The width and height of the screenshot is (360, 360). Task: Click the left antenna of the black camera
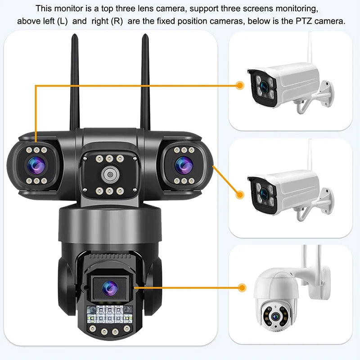pyautogui.click(x=75, y=81)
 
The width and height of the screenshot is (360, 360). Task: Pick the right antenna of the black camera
pyautogui.click(x=145, y=81)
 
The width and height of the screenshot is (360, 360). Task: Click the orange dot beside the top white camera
pyautogui.click(x=240, y=84)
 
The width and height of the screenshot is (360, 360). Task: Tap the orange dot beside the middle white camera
pyautogui.click(x=240, y=194)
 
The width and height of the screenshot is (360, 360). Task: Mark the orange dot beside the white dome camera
pyautogui.click(x=243, y=286)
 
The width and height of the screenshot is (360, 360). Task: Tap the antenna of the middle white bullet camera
pyautogui.click(x=310, y=155)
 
